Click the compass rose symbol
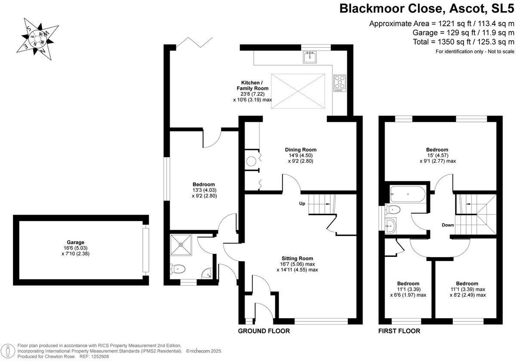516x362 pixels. [37, 40]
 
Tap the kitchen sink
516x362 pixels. [310, 57]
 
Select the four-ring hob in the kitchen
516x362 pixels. [340, 83]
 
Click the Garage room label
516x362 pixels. [76, 242]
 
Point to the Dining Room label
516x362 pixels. [301, 150]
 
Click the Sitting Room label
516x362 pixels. [297, 259]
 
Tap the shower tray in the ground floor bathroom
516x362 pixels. [181, 245]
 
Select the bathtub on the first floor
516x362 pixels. [408, 194]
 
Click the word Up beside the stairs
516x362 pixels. [302, 204]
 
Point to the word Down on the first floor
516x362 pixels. [448, 225]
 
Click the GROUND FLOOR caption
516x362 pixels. [264, 331]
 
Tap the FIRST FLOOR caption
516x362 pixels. [399, 331]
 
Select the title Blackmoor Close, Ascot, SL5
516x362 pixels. [427, 9]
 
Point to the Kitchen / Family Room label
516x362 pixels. [252, 85]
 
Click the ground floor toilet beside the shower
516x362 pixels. [177, 269]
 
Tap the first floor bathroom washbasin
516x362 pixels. [390, 225]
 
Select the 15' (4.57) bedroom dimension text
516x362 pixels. [437, 155]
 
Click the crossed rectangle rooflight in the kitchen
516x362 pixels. [298, 91]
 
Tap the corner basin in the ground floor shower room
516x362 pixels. [207, 274]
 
